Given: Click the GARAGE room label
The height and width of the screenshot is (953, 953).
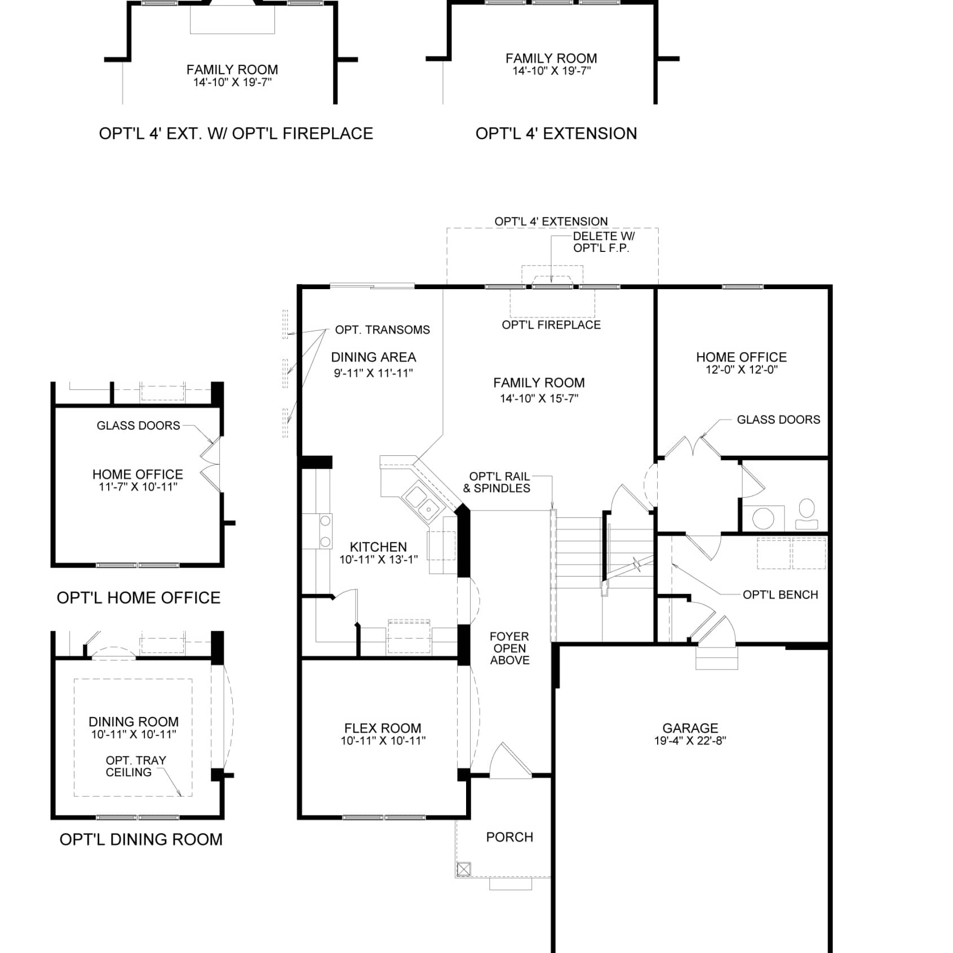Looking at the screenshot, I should [x=690, y=728].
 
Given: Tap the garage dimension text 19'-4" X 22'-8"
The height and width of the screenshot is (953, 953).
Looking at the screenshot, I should [x=690, y=741].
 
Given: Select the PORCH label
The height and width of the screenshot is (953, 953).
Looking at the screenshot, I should [x=509, y=837].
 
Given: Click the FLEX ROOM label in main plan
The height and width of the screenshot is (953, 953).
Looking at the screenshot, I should [x=383, y=728].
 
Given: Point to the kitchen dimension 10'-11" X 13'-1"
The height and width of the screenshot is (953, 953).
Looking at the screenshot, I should [x=378, y=560].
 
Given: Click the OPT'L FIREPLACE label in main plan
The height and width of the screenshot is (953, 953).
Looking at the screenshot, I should [x=551, y=325].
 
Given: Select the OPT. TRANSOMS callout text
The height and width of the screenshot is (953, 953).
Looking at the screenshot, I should [x=382, y=330].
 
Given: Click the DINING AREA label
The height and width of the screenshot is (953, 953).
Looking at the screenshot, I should [x=373, y=357].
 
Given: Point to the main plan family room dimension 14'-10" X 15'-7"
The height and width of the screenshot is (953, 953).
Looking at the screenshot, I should [x=539, y=398].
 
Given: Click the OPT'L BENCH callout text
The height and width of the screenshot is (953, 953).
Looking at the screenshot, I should [x=780, y=595].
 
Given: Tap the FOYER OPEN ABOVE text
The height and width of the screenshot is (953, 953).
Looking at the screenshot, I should [x=509, y=648].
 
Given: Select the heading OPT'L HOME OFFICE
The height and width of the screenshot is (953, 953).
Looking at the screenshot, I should [x=139, y=597].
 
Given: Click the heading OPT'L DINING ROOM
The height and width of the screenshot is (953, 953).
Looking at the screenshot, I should [x=141, y=839].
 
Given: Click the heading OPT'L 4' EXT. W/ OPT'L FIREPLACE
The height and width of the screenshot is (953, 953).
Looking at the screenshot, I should [x=236, y=134].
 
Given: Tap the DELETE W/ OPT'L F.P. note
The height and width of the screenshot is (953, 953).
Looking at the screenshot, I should [x=602, y=242].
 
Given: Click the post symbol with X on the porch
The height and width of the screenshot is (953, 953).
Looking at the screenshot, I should [x=463, y=869].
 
